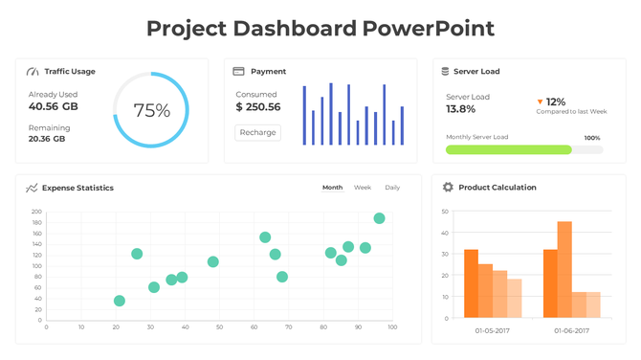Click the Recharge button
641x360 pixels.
click(258, 133)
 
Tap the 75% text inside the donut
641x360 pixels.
click(151, 110)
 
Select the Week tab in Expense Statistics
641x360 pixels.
click(363, 188)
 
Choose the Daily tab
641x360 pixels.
click(392, 188)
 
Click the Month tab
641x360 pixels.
click(332, 188)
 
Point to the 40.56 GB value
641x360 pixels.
click(54, 106)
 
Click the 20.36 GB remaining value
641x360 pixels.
click(47, 139)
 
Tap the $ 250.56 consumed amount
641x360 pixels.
click(258, 107)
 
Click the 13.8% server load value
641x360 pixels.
click(461, 109)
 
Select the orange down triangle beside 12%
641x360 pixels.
click(540, 101)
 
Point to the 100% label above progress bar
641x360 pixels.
click(591, 138)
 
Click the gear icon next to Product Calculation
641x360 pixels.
click(447, 188)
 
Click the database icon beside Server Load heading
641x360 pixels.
click(444, 72)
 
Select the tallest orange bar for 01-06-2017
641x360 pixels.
click(564, 269)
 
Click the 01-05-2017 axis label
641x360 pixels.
click(493, 330)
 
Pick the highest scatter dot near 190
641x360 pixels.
click(379, 218)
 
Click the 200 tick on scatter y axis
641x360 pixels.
click(36, 212)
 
